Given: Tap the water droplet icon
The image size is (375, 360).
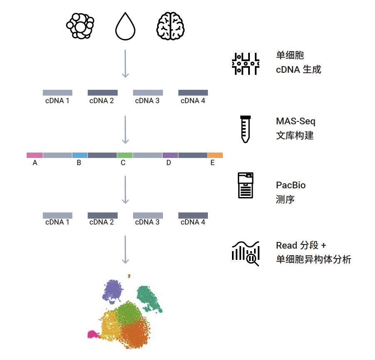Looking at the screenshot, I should (x=125, y=27).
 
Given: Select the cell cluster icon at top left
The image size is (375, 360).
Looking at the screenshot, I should (x=80, y=26).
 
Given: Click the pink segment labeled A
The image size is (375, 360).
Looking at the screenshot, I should (x=35, y=155).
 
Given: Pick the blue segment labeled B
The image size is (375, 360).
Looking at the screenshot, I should (x=80, y=155).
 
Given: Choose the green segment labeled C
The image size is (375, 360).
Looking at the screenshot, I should (x=125, y=155).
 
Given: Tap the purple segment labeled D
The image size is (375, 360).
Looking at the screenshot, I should (x=170, y=155).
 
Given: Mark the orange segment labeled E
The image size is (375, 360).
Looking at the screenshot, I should (x=215, y=155).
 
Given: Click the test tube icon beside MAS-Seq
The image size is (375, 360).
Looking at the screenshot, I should (x=246, y=129).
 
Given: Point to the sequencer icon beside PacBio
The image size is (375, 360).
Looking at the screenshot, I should (x=246, y=185).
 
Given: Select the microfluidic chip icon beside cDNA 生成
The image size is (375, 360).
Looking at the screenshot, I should (x=246, y=64).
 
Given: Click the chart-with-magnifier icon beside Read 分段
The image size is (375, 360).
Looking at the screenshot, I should (x=246, y=253).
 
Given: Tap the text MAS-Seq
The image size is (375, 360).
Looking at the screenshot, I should (x=296, y=121).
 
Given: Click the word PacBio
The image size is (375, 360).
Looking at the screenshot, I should (x=291, y=185).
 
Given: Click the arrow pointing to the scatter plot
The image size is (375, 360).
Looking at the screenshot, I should (x=125, y=249).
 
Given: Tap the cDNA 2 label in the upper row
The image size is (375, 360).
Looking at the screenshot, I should (x=101, y=101).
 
